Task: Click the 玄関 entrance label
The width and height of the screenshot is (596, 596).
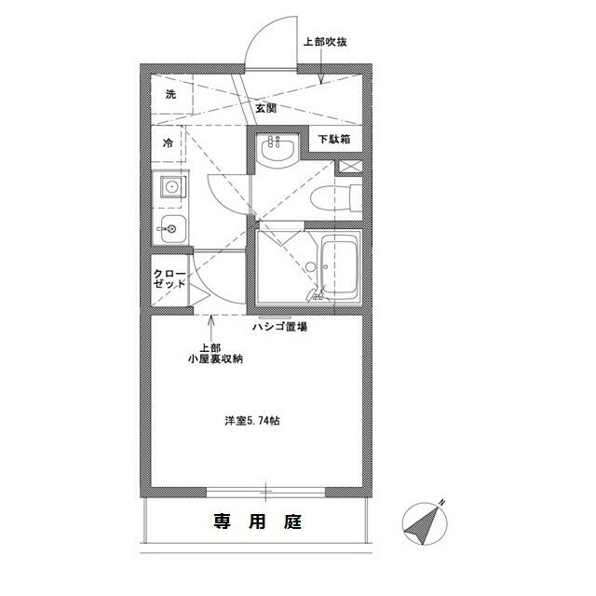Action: [x=265, y=108]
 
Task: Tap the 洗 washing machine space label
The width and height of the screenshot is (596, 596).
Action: [x=170, y=95]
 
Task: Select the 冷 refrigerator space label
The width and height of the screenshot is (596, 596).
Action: [x=169, y=143]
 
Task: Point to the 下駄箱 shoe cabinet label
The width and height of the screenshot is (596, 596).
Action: [x=334, y=141]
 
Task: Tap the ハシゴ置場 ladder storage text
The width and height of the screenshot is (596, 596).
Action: [x=280, y=327]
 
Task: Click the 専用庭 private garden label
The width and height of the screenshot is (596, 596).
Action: [x=255, y=521]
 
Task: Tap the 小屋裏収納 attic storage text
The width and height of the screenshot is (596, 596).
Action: [x=215, y=359]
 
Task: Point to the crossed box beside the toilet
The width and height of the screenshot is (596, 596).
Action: [x=349, y=166]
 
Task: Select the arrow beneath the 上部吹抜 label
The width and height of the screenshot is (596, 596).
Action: [x=321, y=70]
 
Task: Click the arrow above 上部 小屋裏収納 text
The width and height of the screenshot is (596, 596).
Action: [x=212, y=325]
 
